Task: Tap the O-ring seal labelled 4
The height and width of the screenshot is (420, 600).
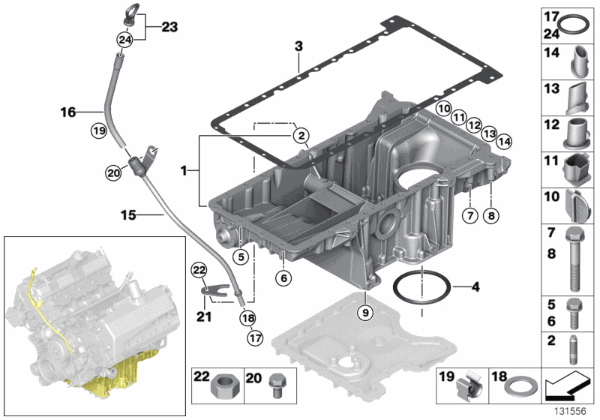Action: click(422, 286)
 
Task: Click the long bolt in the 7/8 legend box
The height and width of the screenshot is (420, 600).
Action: click(575, 255)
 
